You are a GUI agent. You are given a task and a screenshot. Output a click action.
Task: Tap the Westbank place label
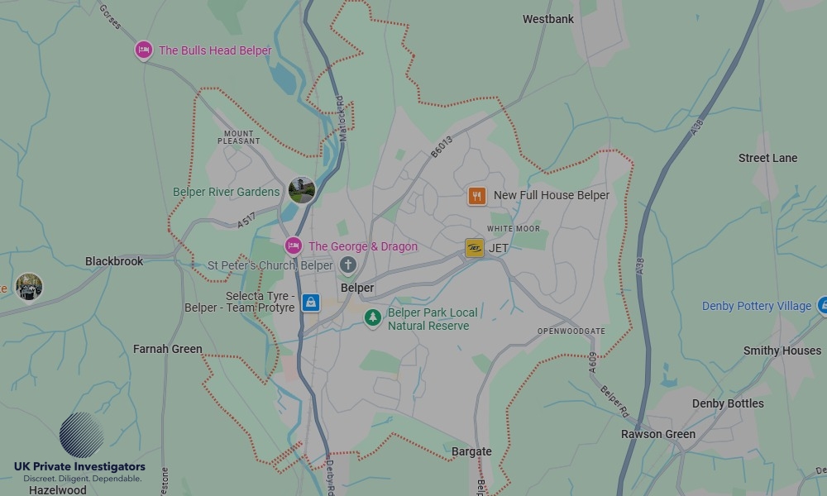pos(547,19)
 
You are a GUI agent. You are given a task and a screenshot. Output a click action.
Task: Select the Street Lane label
pos(767,158)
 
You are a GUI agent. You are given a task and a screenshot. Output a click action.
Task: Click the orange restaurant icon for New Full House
pos(476,196)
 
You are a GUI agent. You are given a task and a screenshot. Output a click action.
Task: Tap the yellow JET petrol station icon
pos(474,248)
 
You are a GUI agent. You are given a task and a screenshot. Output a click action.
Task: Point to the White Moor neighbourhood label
pos(513,229)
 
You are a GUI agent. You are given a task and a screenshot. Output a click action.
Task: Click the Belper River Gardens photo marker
pos(302,190)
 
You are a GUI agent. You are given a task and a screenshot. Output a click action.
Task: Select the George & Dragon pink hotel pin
pos(293,246)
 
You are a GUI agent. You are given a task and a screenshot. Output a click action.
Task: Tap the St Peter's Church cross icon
pos(348,265)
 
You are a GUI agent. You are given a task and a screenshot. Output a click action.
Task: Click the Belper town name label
pos(357,289)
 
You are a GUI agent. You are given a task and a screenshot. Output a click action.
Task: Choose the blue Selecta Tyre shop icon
pos(310,302)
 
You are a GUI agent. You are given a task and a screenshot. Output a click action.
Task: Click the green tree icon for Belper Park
pos(374,317)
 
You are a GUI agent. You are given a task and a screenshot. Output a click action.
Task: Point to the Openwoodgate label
pos(571,331)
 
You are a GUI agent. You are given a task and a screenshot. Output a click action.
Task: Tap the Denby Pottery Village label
pos(756,306)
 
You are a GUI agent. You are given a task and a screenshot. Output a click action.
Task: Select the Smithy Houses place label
pos(782,351)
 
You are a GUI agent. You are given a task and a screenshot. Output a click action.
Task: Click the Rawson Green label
pos(658,434)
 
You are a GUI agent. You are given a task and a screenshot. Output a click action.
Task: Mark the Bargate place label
pos(471,451)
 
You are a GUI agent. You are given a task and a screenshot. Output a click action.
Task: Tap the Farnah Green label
pos(167,349)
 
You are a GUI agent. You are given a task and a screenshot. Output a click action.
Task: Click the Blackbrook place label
pos(114,261)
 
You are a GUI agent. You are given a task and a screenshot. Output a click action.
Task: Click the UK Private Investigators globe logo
pos(81,435)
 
